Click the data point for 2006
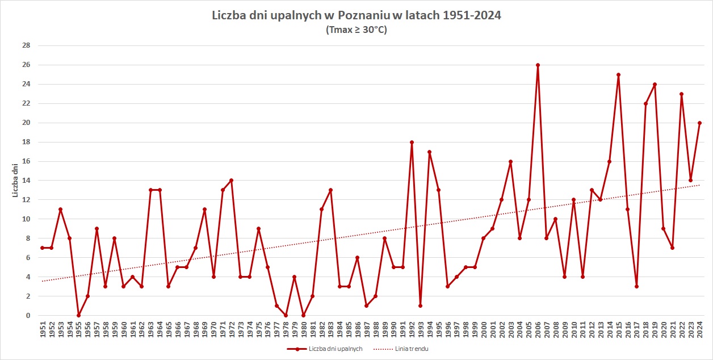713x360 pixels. coord(538,65)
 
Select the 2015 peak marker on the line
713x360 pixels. coord(618,74)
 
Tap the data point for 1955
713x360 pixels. coord(78,315)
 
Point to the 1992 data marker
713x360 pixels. coord(412,142)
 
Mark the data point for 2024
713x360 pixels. coord(699,123)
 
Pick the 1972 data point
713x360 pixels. coord(232,181)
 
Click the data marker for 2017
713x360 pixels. coord(636,286)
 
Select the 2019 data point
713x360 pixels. coord(655,84)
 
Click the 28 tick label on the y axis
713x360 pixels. coord(26,45)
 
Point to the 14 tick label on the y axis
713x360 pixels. coord(26,181)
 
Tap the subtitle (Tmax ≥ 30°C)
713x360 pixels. coord(356,30)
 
